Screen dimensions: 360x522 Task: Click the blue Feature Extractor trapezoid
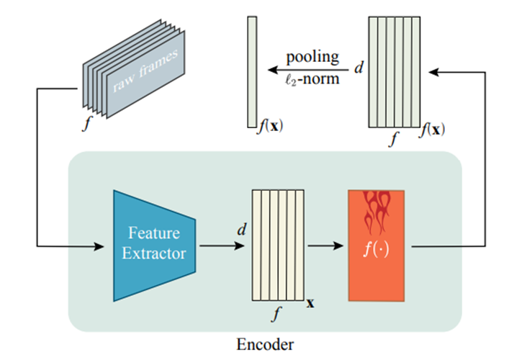click(x=156, y=245)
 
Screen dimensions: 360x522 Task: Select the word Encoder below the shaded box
click(x=265, y=344)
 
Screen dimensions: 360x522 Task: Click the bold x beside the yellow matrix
click(x=311, y=302)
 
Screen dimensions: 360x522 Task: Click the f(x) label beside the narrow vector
click(x=271, y=128)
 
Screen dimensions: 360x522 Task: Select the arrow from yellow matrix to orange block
click(x=325, y=246)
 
